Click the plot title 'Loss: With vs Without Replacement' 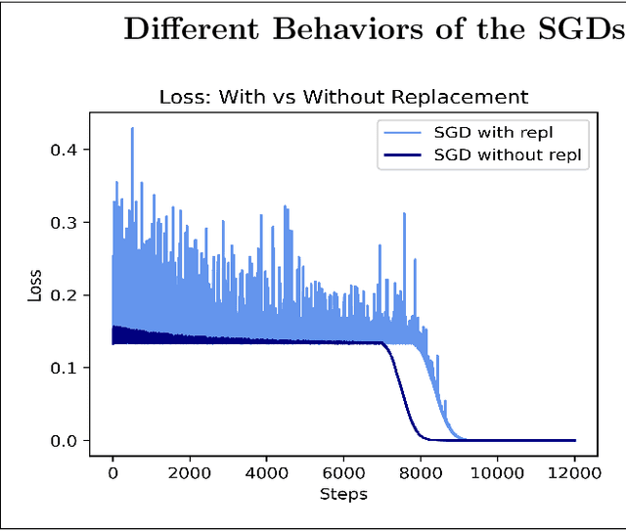343,97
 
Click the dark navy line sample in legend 402,155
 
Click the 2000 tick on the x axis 189,473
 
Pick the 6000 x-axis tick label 343,473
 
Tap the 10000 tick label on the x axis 497,473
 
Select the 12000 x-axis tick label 574,473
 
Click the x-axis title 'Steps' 343,494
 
